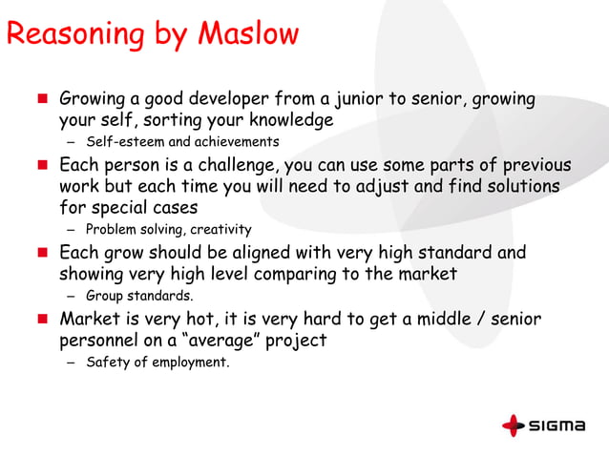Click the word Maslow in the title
247,35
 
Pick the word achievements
232,143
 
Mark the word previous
535,165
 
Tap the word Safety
107,363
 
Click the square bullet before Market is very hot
43,319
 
